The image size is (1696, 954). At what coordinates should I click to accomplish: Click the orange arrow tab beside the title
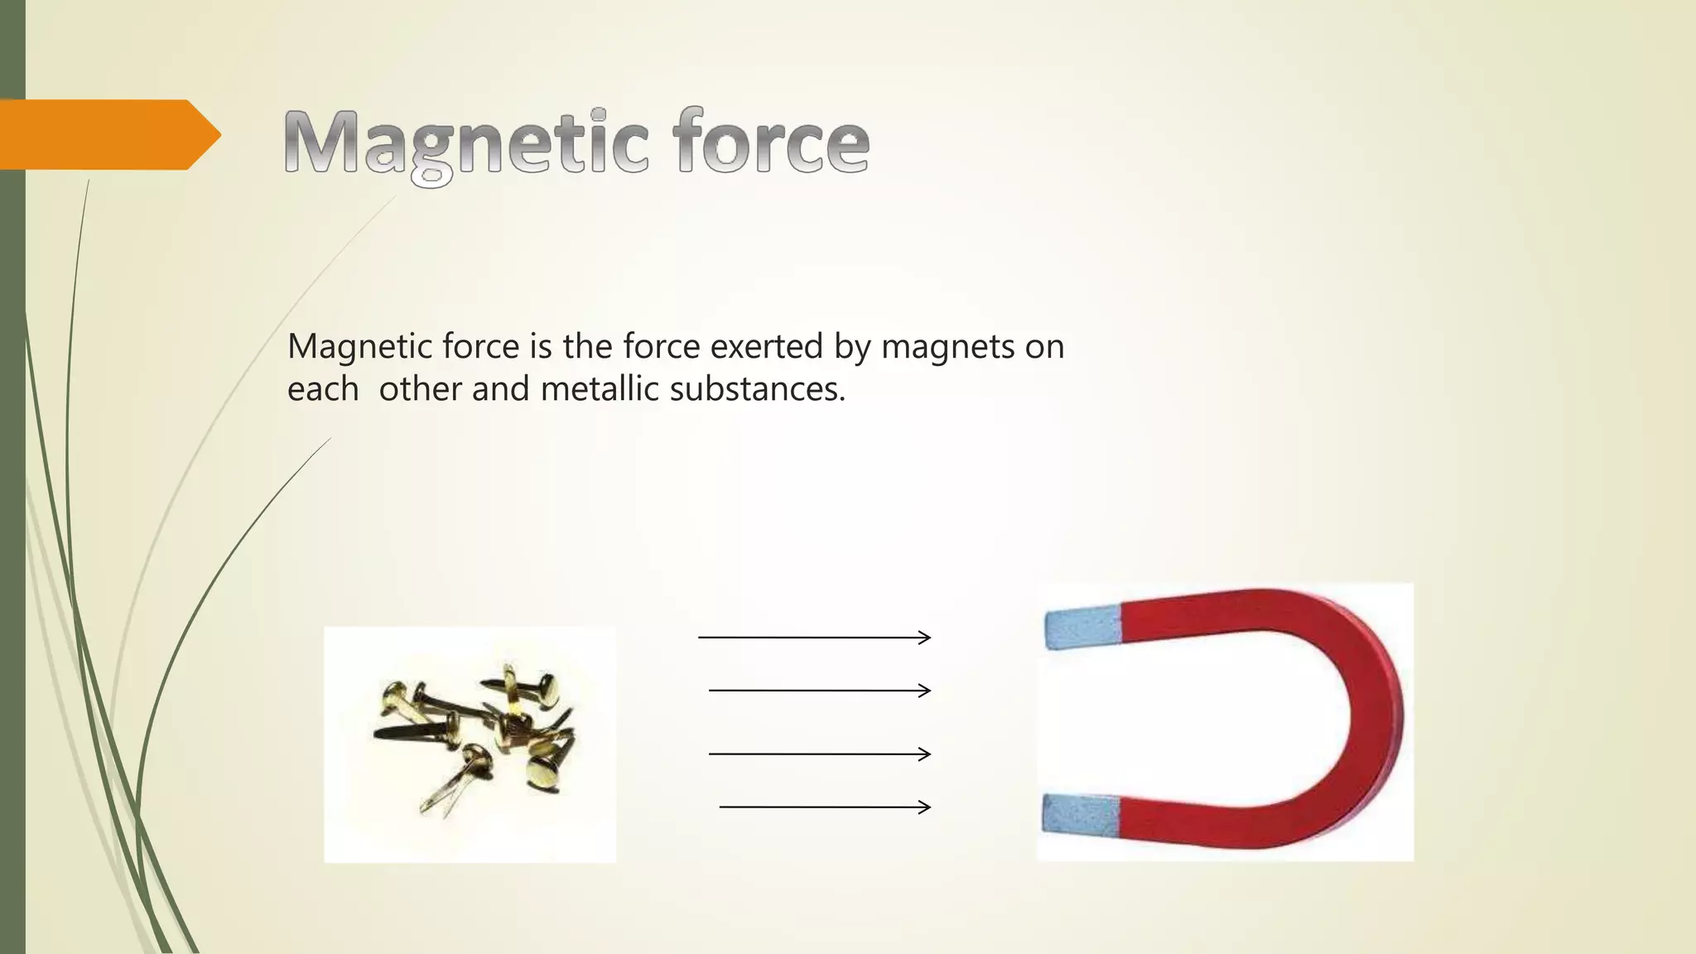click(x=108, y=134)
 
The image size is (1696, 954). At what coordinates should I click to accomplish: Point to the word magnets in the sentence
click(x=947, y=346)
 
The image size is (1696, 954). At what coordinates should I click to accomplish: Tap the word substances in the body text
click(x=757, y=389)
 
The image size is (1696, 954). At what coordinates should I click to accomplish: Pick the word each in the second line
click(x=323, y=389)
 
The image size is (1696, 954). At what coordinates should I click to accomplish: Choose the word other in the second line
click(x=421, y=389)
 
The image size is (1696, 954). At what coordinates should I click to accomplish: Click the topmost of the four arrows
click(x=814, y=637)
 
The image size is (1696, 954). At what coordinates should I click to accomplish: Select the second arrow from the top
click(x=820, y=690)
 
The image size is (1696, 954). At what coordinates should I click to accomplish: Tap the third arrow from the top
click(x=820, y=754)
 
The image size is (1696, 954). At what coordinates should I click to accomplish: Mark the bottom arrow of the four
click(x=825, y=807)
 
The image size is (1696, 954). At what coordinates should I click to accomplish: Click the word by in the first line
click(x=852, y=346)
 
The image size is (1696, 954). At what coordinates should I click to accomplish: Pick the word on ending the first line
click(x=1044, y=346)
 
